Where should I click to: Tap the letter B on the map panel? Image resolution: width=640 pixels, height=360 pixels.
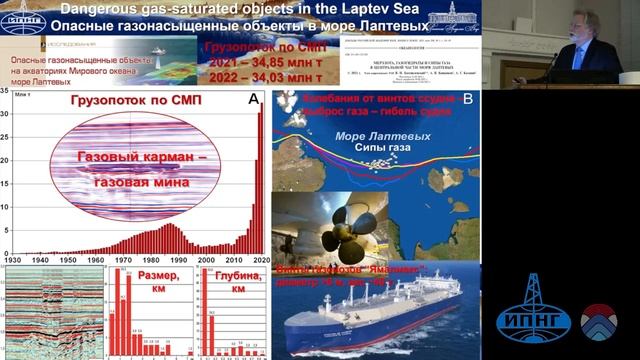(x=467, y=98)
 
